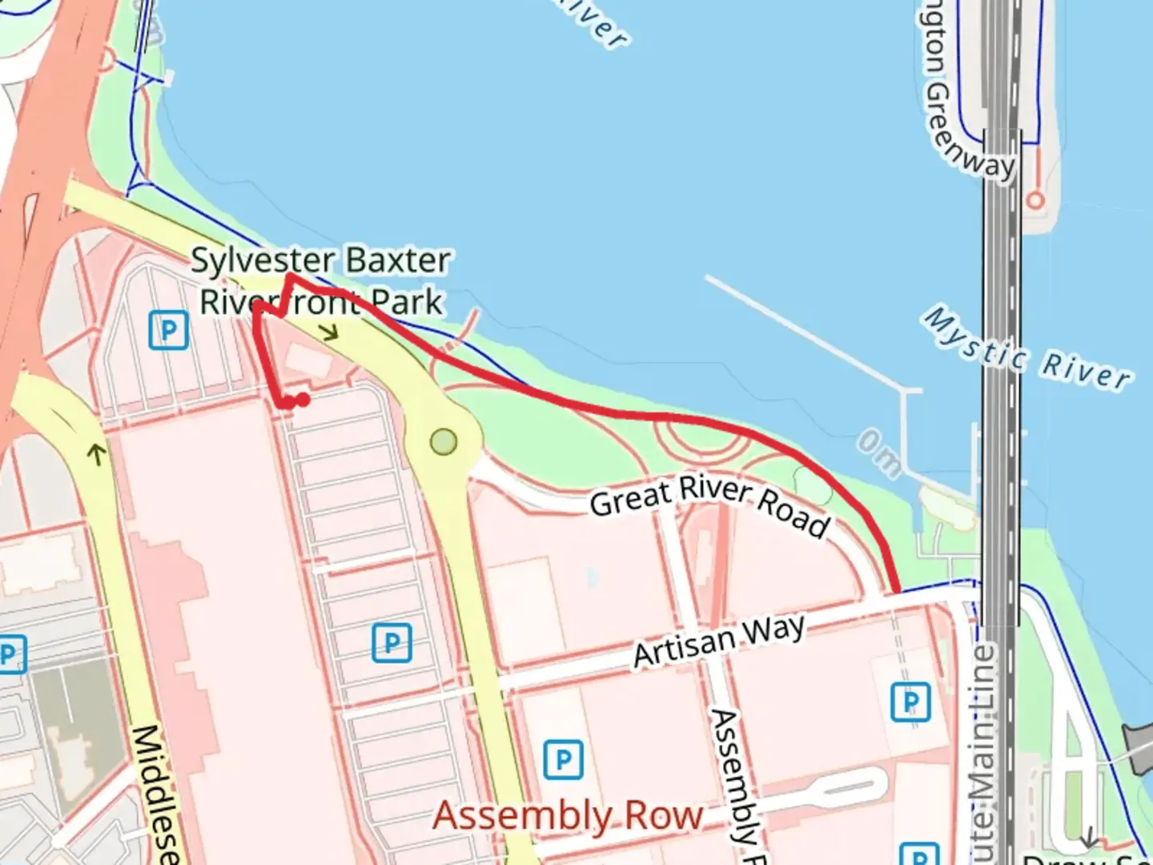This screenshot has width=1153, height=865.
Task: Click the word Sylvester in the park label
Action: [x=263, y=260]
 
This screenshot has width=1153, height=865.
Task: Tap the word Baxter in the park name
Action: [x=398, y=260]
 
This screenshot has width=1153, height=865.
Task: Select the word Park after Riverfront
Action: [x=407, y=302]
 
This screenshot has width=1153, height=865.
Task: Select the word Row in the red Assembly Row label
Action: [x=664, y=816]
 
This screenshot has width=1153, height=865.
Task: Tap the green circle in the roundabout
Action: [x=444, y=441]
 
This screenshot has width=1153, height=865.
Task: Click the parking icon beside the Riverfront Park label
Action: [x=168, y=330]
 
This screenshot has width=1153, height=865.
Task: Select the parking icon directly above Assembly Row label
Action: [x=563, y=759]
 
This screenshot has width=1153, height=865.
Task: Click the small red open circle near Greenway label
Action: [x=1035, y=199]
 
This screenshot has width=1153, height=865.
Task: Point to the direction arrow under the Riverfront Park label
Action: [x=329, y=332]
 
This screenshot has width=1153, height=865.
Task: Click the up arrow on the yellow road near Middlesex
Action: [x=97, y=455]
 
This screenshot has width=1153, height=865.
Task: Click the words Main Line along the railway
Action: [x=983, y=705]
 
